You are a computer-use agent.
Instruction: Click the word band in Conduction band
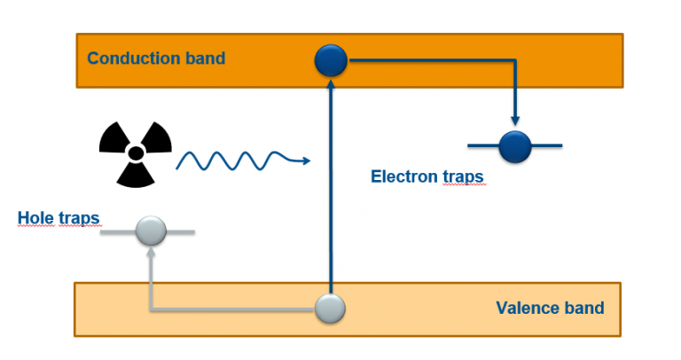point(204,59)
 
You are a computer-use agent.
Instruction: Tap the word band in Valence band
point(582,309)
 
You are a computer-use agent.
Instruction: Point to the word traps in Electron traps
point(463,176)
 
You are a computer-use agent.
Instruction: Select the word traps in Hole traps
point(78,217)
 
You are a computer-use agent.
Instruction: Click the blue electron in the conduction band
point(331,60)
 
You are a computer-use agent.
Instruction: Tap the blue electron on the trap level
point(514,145)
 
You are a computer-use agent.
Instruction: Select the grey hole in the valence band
point(331,309)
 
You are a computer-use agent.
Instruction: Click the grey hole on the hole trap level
point(151,231)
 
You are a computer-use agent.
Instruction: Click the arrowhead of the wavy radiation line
point(305,160)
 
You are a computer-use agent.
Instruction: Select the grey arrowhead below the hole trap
point(151,253)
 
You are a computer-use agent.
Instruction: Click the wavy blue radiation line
point(235,160)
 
